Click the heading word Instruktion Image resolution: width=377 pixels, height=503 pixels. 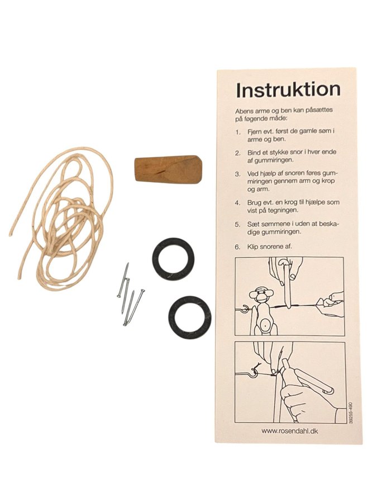(x=288, y=90)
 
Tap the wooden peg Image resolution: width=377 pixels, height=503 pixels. (x=168, y=169)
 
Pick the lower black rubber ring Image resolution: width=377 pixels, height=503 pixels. (x=189, y=317)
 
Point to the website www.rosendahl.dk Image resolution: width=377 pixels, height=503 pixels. (x=289, y=431)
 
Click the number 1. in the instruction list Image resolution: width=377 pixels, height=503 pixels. (x=237, y=132)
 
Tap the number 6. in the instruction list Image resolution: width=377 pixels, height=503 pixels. (x=237, y=247)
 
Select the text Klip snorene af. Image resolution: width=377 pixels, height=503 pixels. (x=270, y=247)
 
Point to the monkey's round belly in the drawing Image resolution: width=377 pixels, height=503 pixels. (x=265, y=325)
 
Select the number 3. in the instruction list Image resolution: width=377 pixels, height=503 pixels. (x=237, y=174)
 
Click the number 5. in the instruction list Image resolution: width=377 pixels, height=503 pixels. (x=237, y=224)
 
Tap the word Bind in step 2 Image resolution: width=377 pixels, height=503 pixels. (x=253, y=153)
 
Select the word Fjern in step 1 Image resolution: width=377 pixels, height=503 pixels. (x=254, y=132)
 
